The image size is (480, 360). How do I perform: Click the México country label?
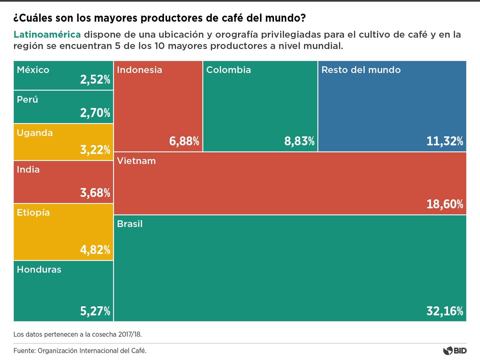click(x=33, y=70)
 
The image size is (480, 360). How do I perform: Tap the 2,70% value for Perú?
click(x=95, y=113)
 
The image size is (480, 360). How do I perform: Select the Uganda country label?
click(x=35, y=133)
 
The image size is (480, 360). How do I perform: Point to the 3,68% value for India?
click(x=95, y=193)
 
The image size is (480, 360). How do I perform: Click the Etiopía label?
click(x=33, y=213)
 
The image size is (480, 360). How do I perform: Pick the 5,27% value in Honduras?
click(x=95, y=311)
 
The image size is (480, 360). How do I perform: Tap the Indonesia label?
click(x=139, y=70)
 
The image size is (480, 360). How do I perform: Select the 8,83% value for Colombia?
click(x=299, y=141)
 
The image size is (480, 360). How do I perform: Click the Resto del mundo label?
click(x=361, y=70)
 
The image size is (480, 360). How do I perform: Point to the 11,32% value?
click(x=445, y=141)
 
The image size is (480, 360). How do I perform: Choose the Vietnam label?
click(x=136, y=161)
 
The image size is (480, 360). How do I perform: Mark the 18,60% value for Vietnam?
click(x=445, y=204)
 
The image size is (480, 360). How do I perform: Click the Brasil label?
click(x=130, y=224)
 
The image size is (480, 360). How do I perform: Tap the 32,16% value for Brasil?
click(x=445, y=311)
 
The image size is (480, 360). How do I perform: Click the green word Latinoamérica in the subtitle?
click(x=47, y=35)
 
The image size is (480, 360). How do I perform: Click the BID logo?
click(x=455, y=351)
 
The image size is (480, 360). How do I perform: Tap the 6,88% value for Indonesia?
click(x=184, y=141)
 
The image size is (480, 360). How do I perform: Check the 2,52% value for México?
click(x=95, y=80)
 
